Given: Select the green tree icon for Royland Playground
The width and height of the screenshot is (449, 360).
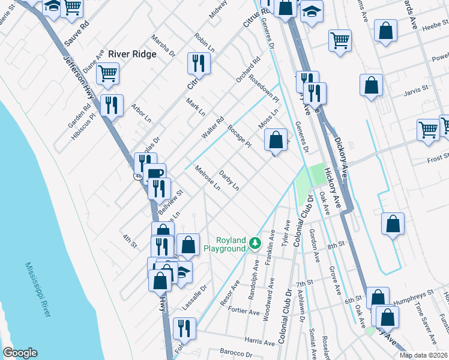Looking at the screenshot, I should (256, 243).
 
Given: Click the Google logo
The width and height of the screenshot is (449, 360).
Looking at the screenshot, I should (20, 353).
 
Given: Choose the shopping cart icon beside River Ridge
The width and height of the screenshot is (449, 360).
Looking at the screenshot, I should (107, 73).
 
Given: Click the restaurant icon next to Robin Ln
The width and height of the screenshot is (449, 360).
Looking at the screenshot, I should (198, 64).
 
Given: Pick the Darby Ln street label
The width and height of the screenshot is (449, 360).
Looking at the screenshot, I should (229, 181).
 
